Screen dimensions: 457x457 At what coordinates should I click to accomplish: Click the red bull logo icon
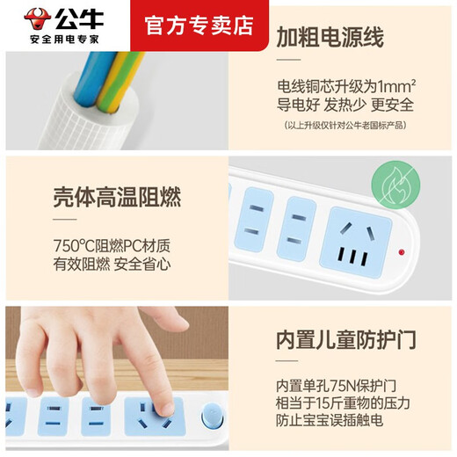click(34, 18)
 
